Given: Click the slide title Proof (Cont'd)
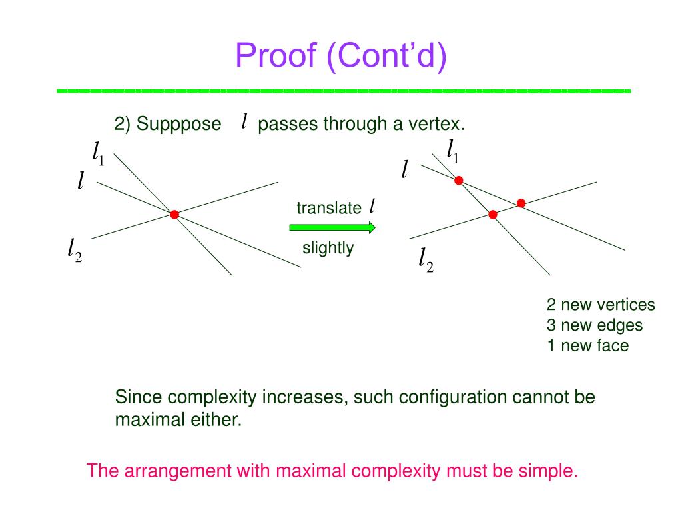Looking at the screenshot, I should pos(341,56).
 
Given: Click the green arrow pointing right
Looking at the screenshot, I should pos(332,227).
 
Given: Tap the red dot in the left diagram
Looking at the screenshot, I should pos(174,215).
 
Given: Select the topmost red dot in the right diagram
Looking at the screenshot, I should pos(458,180).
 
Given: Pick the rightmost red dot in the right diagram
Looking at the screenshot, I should pos(521,203).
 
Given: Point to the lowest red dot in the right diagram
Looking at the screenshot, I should pos(493,214).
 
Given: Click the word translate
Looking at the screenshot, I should pos(328,208).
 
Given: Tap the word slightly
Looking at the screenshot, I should pos(328,248).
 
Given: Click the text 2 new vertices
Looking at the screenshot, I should pos(601,305).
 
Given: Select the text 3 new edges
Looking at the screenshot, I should pos(595,325).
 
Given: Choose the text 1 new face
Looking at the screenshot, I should pos(587,345).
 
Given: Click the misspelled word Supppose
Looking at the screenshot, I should pos(178,124).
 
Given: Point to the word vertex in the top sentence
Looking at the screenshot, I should pos(440,124).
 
